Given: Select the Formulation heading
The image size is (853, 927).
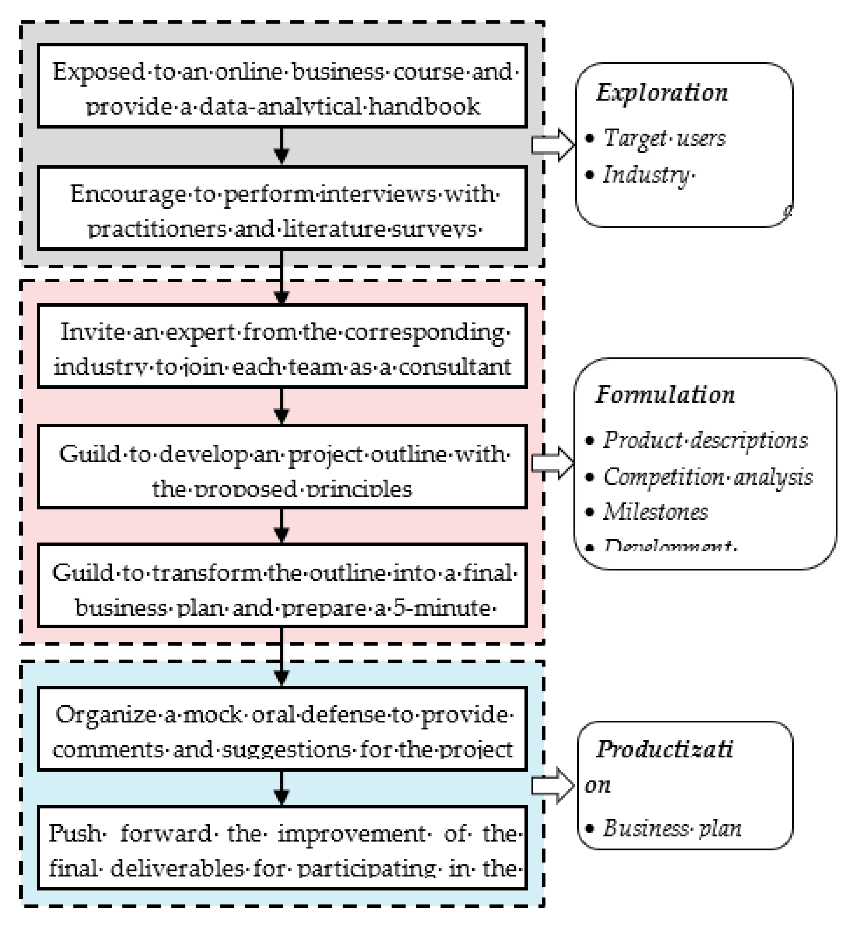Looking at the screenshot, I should [665, 395].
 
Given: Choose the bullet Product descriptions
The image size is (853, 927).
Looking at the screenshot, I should [705, 440].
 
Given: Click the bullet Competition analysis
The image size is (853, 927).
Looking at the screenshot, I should [708, 477].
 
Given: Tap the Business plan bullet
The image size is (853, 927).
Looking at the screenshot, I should [671, 828].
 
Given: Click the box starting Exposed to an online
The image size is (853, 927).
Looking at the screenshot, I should [282, 86].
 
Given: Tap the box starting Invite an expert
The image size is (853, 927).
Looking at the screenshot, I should [282, 346].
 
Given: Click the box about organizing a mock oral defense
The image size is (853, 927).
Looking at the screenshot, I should [282, 729].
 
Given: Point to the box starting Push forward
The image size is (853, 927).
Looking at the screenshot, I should [282, 848].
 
